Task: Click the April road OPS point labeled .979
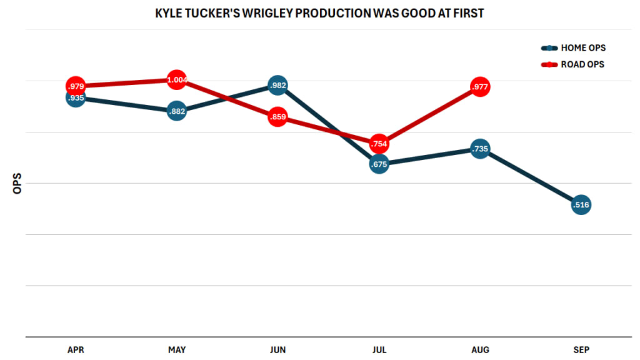click(x=76, y=86)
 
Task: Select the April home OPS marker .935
click(x=76, y=98)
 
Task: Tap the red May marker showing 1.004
click(x=177, y=80)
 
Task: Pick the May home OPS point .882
click(x=177, y=111)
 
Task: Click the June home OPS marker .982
click(x=278, y=86)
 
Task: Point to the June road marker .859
click(x=278, y=117)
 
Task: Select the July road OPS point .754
click(x=379, y=144)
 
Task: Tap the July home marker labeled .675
click(x=379, y=164)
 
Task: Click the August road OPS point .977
click(x=480, y=87)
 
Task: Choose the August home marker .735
click(x=480, y=149)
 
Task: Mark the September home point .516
click(x=581, y=204)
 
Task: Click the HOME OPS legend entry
click(x=573, y=48)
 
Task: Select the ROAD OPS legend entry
click(x=573, y=64)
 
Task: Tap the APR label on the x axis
click(x=76, y=350)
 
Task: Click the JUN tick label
click(x=278, y=350)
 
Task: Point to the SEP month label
click(x=581, y=350)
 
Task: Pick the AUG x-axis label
click(x=480, y=350)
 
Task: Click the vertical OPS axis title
click(x=17, y=183)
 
